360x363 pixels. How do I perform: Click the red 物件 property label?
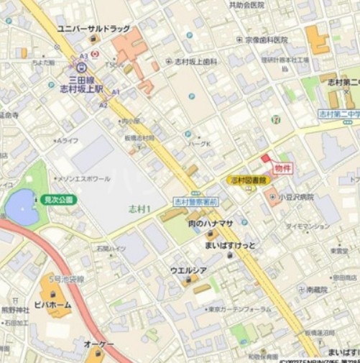point(283,167)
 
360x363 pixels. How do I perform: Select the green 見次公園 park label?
point(58,199)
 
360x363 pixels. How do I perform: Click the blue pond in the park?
point(21,206)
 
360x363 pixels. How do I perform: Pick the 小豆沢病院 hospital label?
point(297,196)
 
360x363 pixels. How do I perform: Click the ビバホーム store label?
point(52,304)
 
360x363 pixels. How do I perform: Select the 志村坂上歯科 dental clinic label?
point(196,62)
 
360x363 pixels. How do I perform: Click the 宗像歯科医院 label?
point(266,40)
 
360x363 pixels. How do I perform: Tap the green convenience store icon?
point(276,119)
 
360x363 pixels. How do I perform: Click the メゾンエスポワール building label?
point(84,178)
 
